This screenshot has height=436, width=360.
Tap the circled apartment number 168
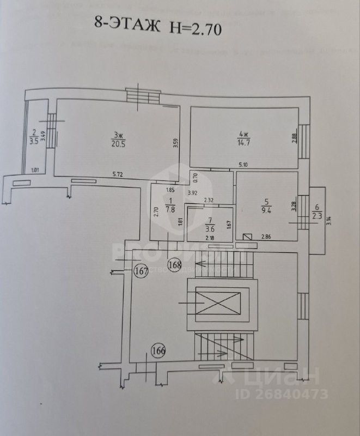(x=175, y=265)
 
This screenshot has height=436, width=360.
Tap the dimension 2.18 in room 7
(x=209, y=238)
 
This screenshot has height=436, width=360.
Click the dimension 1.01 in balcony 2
(x=36, y=170)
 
